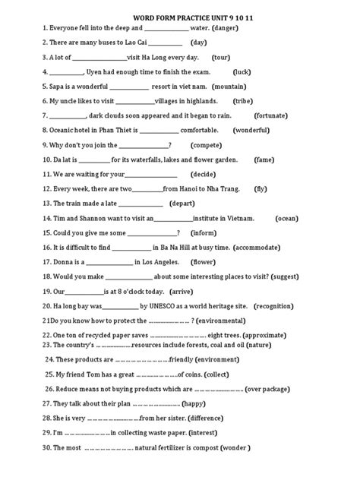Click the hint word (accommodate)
[x=267, y=247]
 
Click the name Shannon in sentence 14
[x=84, y=218]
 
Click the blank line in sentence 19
[x=86, y=292]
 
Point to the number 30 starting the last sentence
[x=46, y=448]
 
